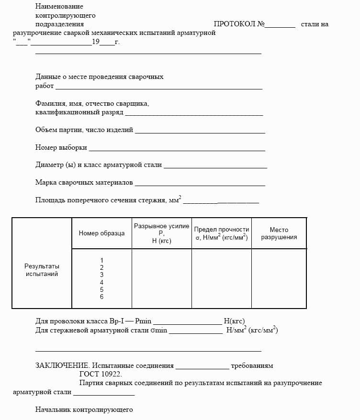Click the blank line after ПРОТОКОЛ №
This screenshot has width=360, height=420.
point(280,26)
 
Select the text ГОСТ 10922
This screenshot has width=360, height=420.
point(101,374)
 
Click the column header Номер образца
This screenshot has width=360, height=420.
point(101,233)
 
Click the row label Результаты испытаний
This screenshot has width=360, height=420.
point(42,270)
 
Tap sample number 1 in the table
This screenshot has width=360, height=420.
point(101,260)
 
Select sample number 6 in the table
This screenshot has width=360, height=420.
point(101,297)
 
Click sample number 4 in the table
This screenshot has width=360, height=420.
point(101,282)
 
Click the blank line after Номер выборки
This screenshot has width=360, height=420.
point(177,149)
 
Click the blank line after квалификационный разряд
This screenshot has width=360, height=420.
point(194,114)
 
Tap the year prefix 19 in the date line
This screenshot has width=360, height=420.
point(95,42)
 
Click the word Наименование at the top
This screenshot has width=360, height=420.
point(59,6)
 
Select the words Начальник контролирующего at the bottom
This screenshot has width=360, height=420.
point(84,409)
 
